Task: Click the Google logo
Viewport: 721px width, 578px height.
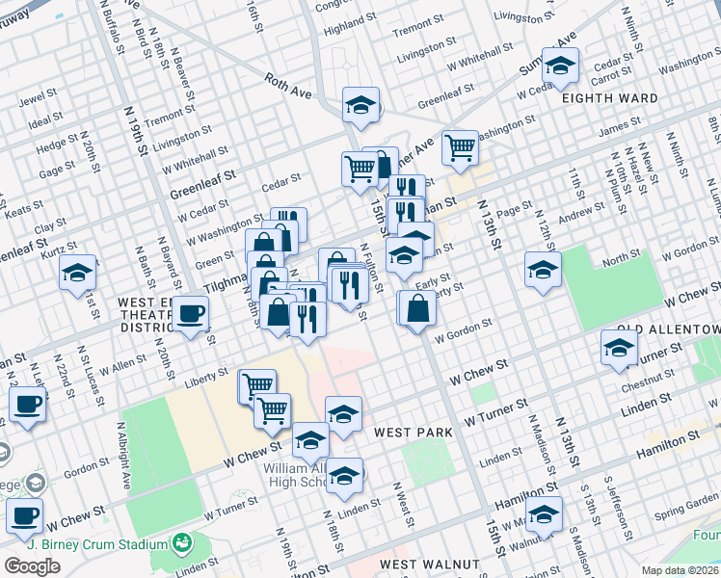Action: (32, 565)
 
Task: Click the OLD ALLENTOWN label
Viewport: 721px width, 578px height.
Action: (669, 329)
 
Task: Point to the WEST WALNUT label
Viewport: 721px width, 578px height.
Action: (429, 564)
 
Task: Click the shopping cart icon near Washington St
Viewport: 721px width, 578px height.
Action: (461, 147)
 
